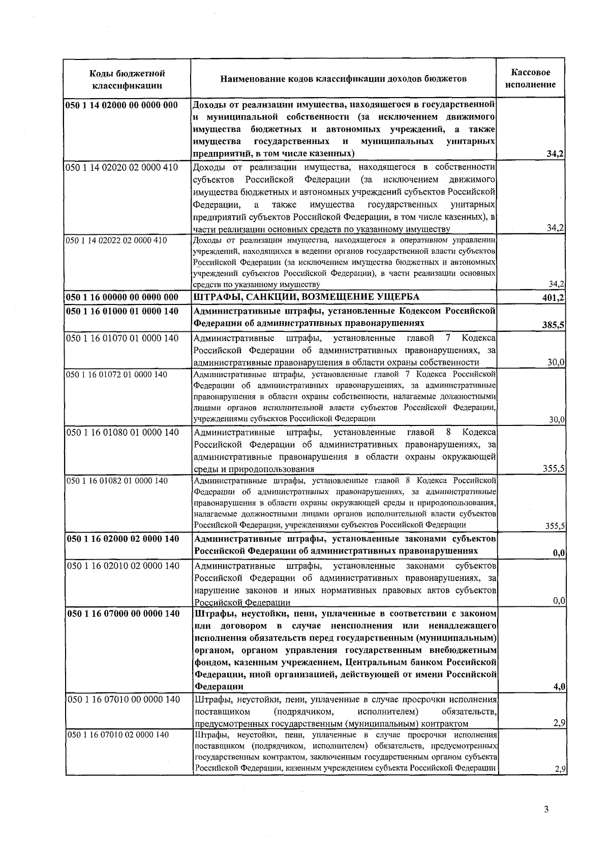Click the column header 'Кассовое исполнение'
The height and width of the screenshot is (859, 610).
point(530,79)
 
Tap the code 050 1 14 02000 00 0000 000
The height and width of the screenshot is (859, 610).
point(121,105)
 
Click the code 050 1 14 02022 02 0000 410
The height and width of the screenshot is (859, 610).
point(116,240)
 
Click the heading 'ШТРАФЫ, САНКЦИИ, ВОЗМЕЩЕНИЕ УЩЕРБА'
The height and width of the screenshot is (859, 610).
point(307,297)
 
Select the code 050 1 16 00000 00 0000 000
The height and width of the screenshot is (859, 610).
point(122,297)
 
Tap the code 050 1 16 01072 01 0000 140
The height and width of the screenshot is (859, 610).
point(116,375)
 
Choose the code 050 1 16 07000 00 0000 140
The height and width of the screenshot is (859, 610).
point(123,613)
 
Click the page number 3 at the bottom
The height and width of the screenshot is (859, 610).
point(546,810)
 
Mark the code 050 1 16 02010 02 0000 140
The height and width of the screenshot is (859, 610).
point(123,566)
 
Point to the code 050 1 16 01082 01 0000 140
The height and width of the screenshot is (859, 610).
point(117,480)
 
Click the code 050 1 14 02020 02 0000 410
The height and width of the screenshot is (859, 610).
point(122,167)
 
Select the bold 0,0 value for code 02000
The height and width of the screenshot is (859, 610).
point(559,554)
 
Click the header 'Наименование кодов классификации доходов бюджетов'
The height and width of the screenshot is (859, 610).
point(343,79)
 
